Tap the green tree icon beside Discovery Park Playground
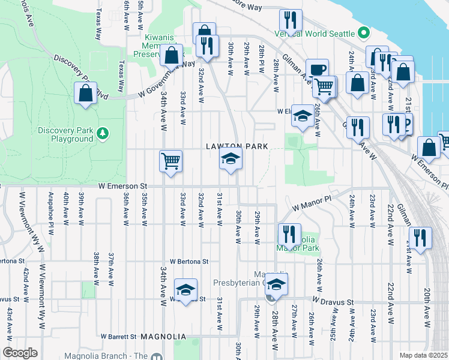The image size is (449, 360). [x=103, y=131]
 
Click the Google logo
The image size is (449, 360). [x=20, y=353]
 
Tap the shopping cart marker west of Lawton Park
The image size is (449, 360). [x=171, y=161]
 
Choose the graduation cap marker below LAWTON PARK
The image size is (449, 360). [x=230, y=160]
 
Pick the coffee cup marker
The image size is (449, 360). [x=317, y=69]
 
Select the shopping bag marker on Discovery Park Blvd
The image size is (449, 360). [x=86, y=93]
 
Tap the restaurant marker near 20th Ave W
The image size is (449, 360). [x=420, y=237]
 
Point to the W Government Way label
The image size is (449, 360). [x=167, y=79]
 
